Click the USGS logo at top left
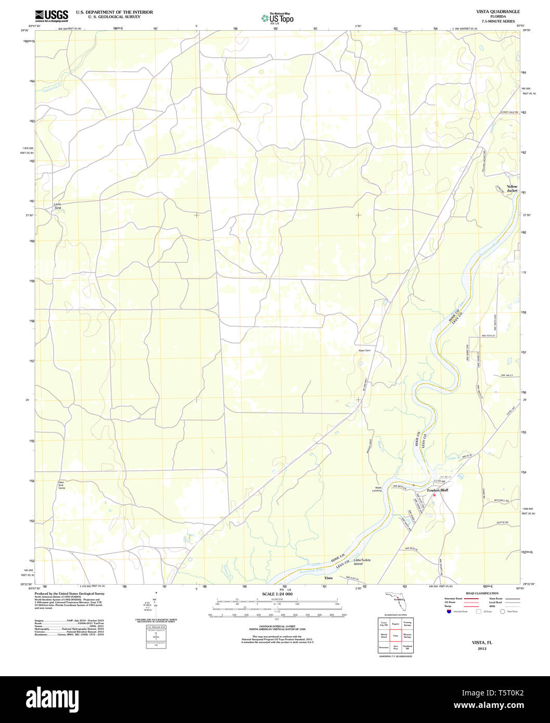[51, 16]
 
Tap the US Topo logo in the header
[277, 19]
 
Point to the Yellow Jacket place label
[512, 188]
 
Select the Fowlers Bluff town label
[437, 490]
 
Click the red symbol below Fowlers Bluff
[434, 495]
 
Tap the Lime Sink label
[57, 206]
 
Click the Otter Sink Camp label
[61, 485]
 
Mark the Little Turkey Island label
[362, 562]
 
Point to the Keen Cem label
[364, 351]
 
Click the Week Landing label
[377, 489]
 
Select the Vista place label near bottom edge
[328, 578]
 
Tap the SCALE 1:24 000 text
[277, 594]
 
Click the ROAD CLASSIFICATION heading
[482, 593]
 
